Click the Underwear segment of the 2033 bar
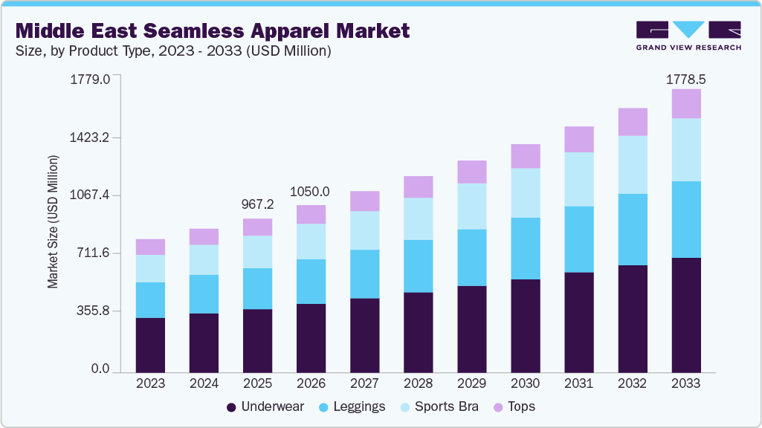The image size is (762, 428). (685, 315)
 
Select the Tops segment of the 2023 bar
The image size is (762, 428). (150, 247)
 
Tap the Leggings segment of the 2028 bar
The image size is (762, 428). (418, 266)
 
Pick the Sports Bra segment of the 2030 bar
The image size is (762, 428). (525, 192)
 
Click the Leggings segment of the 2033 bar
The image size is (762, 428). (685, 219)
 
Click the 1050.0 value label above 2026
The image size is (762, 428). (311, 191)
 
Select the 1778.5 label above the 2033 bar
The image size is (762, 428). (685, 79)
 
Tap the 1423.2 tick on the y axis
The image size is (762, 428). (90, 137)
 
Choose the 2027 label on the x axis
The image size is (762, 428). (364, 384)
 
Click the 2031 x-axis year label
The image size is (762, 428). (578, 384)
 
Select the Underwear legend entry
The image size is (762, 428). (265, 406)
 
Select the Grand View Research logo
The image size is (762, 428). (688, 35)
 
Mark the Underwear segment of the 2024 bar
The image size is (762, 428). (204, 342)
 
